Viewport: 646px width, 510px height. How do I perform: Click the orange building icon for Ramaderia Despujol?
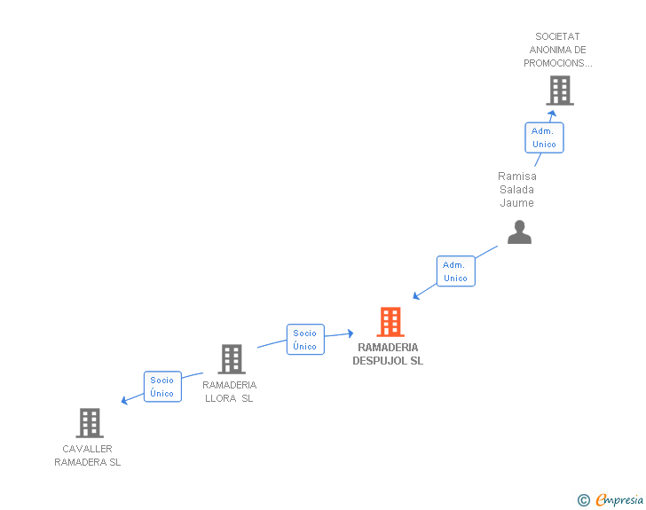(390, 322)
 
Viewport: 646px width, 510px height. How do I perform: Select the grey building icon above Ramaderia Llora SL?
(232, 359)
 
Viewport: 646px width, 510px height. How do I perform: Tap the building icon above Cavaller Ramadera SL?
(90, 423)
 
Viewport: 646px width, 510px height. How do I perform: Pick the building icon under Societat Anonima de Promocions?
(559, 90)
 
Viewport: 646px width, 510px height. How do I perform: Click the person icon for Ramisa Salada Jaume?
(519, 231)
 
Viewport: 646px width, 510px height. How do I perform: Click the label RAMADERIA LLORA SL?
(229, 392)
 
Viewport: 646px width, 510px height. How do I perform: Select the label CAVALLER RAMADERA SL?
(87, 456)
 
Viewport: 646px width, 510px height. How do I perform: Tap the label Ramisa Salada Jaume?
(516, 190)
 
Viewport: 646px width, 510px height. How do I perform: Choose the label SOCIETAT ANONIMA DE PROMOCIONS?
(557, 50)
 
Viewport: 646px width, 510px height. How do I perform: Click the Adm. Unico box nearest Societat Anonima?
(543, 137)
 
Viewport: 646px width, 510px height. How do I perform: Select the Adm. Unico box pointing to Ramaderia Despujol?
(455, 271)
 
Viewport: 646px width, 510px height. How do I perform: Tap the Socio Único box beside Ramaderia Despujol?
(305, 340)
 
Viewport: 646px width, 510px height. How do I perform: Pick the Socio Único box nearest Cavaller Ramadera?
(162, 387)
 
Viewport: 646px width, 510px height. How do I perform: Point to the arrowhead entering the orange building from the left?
(350, 333)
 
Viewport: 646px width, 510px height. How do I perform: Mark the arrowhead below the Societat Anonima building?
(552, 114)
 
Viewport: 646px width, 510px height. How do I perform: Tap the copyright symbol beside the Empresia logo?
(583, 500)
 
